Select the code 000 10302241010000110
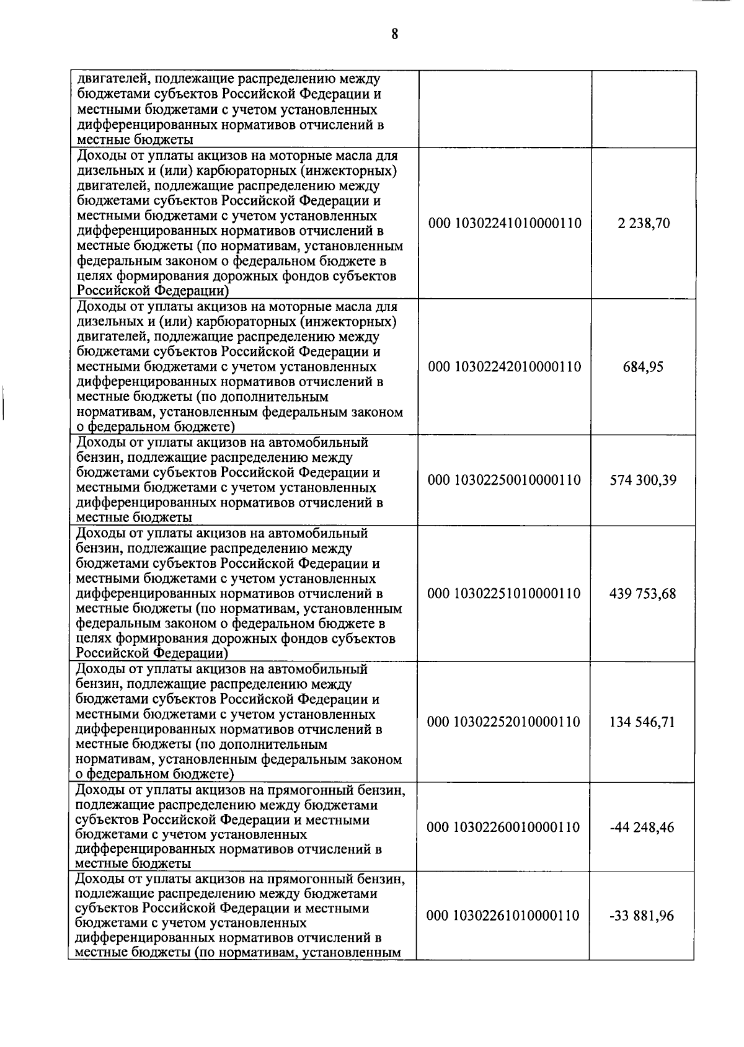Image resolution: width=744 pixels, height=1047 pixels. pyautogui.click(x=505, y=223)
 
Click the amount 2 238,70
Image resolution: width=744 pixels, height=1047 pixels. pyautogui.click(x=643, y=223)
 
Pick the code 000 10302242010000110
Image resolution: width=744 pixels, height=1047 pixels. pyautogui.click(x=505, y=367)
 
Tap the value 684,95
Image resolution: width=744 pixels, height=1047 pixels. pyautogui.click(x=643, y=367)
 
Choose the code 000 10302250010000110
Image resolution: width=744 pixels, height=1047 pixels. pyautogui.click(x=505, y=480)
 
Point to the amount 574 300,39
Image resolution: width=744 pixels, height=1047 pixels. pyautogui.click(x=643, y=480)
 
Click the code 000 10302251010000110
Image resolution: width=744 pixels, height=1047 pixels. pyautogui.click(x=505, y=594)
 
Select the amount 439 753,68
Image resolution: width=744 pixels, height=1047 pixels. pyautogui.click(x=643, y=594)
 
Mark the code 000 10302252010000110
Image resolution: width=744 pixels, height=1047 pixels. pyautogui.click(x=505, y=722)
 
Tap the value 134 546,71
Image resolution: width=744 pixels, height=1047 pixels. pyautogui.click(x=643, y=722)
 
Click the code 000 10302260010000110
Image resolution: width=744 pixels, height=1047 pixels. pyautogui.click(x=505, y=828)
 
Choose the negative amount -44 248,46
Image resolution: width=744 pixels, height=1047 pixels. pyautogui.click(x=643, y=828)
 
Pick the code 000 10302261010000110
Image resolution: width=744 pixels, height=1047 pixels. pyautogui.click(x=505, y=916)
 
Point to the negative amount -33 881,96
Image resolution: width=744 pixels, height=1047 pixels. pyautogui.click(x=643, y=916)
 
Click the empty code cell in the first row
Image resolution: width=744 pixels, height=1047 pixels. pyautogui.click(x=505, y=108)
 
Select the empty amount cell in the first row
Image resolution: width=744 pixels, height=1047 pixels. pyautogui.click(x=643, y=108)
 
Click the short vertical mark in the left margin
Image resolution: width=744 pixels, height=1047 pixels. pyautogui.click(x=4, y=403)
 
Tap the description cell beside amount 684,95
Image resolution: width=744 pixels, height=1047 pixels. pyautogui.click(x=242, y=367)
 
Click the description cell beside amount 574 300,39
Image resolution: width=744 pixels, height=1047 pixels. pyautogui.click(x=242, y=480)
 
